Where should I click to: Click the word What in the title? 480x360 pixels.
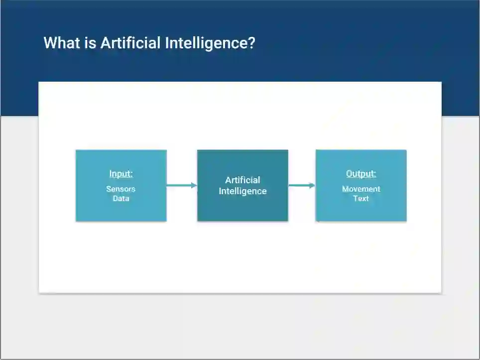[x=61, y=43]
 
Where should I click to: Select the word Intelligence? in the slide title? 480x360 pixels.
[x=210, y=43]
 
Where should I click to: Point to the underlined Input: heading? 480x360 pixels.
[x=121, y=174]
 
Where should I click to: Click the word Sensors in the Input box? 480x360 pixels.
[x=120, y=189]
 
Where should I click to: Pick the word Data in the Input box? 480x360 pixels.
[x=120, y=198]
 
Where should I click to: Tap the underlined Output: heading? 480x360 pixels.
[x=361, y=174]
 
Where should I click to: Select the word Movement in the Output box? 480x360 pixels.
[x=361, y=189]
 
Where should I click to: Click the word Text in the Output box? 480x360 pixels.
[x=361, y=198]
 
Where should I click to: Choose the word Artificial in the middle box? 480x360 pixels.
[x=242, y=180]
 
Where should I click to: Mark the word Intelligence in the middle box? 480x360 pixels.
[x=242, y=191]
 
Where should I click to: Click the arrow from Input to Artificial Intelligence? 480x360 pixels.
[x=180, y=186]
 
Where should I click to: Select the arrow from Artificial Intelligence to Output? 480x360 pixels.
[x=300, y=186]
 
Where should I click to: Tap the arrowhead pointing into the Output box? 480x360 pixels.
[x=312, y=186]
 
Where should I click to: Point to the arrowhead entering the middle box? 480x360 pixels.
[x=194, y=186]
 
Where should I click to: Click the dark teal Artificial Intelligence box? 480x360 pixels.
[x=242, y=209]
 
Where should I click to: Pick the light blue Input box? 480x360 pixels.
[x=121, y=209]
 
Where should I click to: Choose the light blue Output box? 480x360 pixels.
[x=361, y=209]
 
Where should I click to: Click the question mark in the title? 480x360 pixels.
[x=251, y=43]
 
